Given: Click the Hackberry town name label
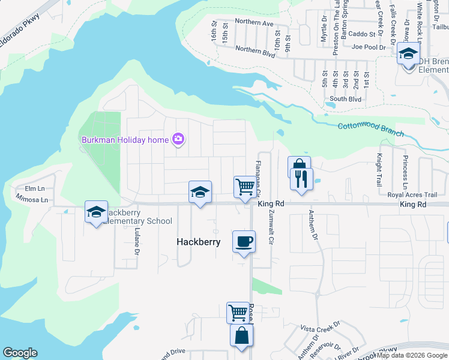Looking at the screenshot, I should pos(198,242).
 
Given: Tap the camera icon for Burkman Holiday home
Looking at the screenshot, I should pos(178,140).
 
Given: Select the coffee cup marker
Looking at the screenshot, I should pos(243,242).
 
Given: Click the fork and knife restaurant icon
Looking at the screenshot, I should pos(301,179).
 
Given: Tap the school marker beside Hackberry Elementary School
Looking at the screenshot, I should pos(96,212).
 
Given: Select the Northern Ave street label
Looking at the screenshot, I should pos(254,22).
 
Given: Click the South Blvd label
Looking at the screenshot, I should pos(345,99).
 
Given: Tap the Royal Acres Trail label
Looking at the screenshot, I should pos(412,195).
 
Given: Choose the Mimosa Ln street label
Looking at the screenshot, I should pos(31,199).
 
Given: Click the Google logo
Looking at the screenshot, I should pos(20,353).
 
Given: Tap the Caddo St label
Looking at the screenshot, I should pos(361,34).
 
